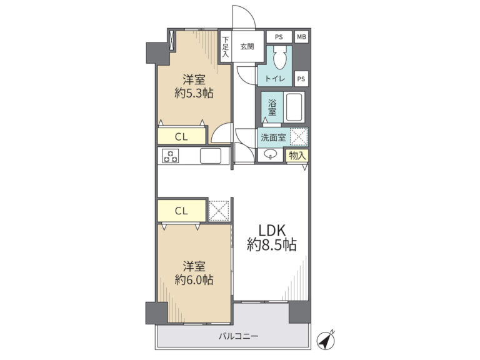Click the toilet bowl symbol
[x=280, y=57]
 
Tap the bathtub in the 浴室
[x=294, y=107]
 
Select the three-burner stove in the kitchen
[x=171, y=156]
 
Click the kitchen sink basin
[x=211, y=156]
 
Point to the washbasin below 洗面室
[x=270, y=154]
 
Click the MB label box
[x=301, y=37]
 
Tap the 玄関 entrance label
[x=247, y=47]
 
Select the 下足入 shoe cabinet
[x=226, y=47]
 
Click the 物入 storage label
[x=297, y=156]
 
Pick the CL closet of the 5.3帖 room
[x=181, y=136]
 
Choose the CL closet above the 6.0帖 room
[x=181, y=211]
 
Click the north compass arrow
[x=326, y=340]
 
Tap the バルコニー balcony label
[x=239, y=336]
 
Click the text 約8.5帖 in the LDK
[x=271, y=244]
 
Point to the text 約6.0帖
[x=194, y=280]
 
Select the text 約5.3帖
[x=194, y=92]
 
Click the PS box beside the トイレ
[x=301, y=79]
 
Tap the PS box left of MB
[x=279, y=37]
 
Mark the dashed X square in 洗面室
[x=299, y=136]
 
